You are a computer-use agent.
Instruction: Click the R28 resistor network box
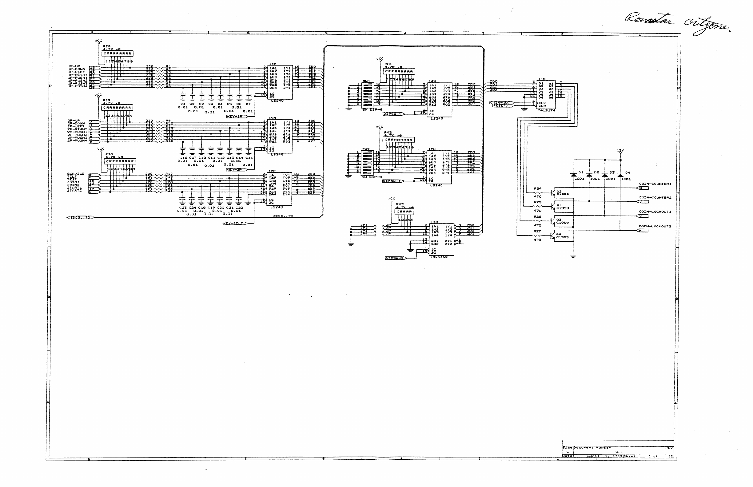(117, 53)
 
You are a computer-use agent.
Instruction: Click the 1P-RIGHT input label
(78, 75)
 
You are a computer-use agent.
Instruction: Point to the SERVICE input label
(76, 174)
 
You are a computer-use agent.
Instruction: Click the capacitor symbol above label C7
(249, 97)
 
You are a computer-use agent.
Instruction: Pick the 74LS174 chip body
(546, 95)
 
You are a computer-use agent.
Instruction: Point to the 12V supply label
(620, 151)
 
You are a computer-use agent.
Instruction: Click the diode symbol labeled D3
(605, 175)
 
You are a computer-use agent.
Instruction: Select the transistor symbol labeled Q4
(553, 236)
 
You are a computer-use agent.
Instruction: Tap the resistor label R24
(538, 188)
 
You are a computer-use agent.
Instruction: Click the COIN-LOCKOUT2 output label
(655, 226)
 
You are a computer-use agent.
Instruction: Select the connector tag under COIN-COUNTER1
(642, 188)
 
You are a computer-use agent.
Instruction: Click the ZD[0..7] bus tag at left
(80, 218)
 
